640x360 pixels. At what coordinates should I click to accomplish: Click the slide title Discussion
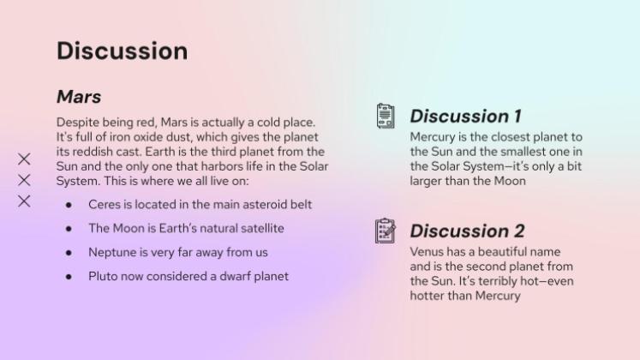point(122,51)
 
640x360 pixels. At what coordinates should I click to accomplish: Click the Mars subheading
point(79,96)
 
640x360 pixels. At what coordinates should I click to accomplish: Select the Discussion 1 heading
point(465,116)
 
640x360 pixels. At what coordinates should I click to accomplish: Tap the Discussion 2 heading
point(467,231)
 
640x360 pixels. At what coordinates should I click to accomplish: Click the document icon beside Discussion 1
point(386,116)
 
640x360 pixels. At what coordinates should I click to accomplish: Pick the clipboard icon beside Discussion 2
point(386,231)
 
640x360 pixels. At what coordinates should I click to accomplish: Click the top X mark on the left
point(24,159)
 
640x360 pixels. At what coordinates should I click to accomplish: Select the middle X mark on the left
point(24,180)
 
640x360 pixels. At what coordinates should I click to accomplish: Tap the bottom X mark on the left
point(24,201)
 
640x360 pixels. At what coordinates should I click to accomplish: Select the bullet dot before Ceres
point(69,206)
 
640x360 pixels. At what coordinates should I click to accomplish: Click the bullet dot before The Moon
point(69,230)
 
